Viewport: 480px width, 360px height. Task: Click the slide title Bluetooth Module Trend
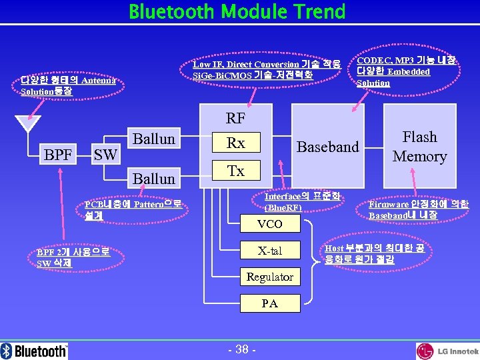point(237,12)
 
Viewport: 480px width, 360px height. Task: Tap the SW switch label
point(105,155)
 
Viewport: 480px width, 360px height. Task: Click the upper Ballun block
point(154,139)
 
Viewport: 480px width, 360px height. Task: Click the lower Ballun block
point(154,179)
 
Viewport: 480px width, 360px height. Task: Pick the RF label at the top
point(235,119)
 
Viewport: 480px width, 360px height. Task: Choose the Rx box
point(235,143)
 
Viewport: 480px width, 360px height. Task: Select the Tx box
point(235,171)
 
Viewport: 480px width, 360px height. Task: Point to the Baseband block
point(327,147)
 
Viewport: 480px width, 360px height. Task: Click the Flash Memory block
point(419,147)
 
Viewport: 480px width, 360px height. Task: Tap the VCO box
point(269,224)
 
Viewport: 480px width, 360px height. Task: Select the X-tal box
point(269,251)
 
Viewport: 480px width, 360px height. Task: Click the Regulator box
point(269,277)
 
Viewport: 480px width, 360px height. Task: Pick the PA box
point(269,303)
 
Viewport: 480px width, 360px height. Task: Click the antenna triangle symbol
point(27,124)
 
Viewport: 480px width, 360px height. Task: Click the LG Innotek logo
point(447,351)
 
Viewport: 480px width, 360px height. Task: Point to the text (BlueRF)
point(283,208)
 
